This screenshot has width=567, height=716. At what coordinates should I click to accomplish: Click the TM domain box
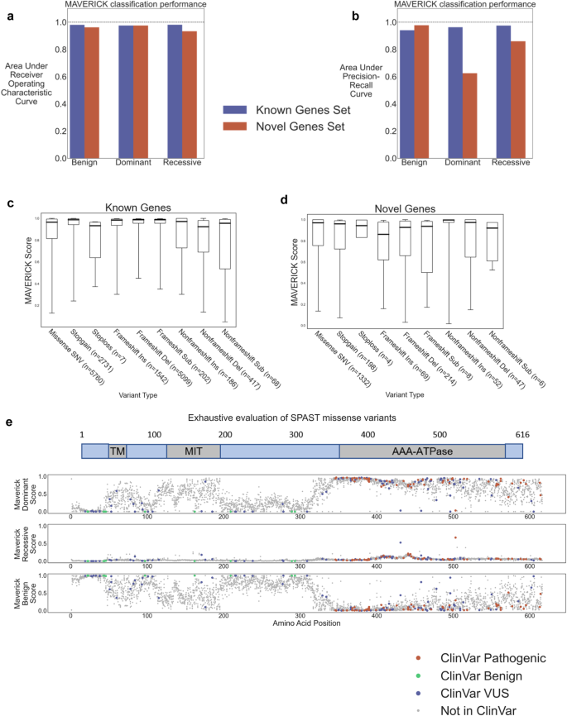pos(117,451)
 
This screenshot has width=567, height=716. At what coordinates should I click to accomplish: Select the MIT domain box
pos(193,451)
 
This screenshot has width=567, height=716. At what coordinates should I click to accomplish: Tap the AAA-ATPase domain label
pos(422,451)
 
